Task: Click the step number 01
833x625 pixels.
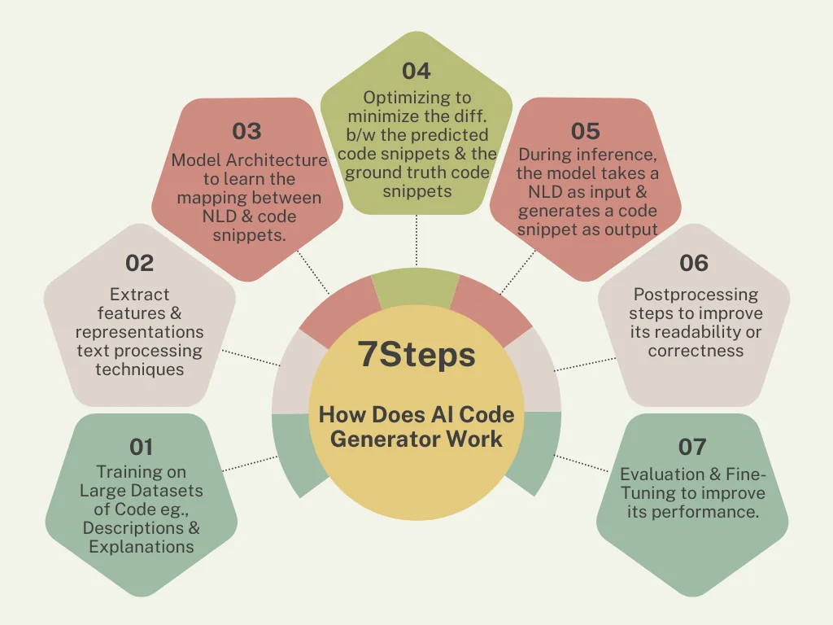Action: (141, 447)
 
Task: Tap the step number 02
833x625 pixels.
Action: (139, 263)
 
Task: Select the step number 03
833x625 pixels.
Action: (246, 131)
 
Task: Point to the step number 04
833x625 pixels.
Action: (416, 71)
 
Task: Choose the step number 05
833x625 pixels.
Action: (586, 131)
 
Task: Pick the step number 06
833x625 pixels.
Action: (694, 263)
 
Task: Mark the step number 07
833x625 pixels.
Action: (692, 447)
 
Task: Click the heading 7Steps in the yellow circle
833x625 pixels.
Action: (416, 355)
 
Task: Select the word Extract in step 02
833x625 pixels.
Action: (139, 295)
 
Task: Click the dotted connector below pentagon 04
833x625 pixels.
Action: (416, 241)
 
